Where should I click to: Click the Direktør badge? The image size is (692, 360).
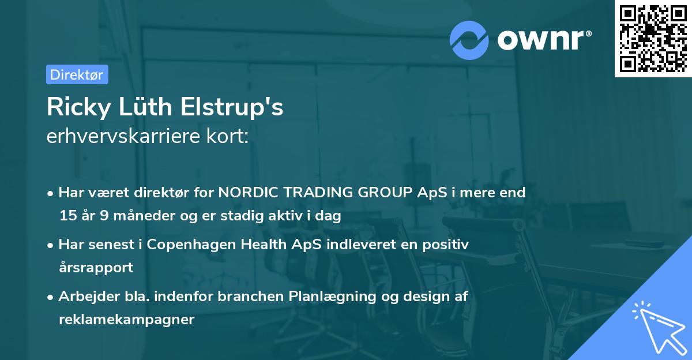pyautogui.click(x=77, y=74)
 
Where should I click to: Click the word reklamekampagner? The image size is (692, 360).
pyautogui.click(x=126, y=320)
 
